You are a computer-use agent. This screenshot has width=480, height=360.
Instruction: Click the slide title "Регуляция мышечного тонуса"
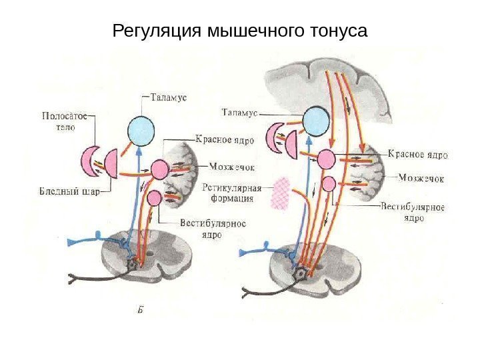click(x=240, y=31)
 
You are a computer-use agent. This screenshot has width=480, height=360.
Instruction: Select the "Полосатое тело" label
click(x=65, y=120)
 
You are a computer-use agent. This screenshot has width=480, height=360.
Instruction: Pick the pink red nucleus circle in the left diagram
click(x=161, y=169)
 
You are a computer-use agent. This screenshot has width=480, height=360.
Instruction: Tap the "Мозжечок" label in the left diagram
click(x=231, y=167)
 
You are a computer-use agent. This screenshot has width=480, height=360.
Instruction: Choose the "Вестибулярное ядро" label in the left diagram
click(x=213, y=229)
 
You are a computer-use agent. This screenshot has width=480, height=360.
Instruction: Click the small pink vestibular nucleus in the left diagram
click(x=154, y=197)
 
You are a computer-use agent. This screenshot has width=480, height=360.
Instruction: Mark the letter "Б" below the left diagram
click(x=141, y=309)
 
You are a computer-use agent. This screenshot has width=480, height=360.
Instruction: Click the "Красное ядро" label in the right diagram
click(x=417, y=155)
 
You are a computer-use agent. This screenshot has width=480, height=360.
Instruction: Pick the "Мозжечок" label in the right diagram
click(x=421, y=178)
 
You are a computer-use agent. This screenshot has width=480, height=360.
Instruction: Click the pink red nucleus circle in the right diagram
click(x=326, y=159)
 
